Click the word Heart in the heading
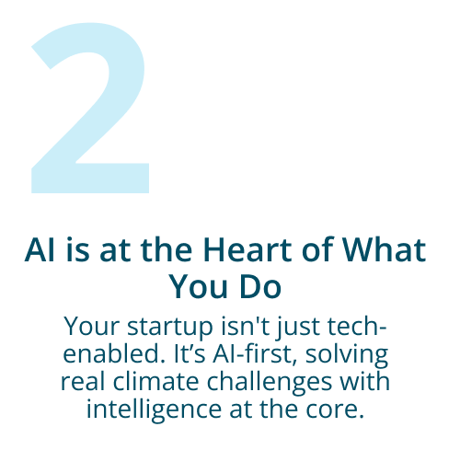247,249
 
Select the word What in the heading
384,249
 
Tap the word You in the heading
199,286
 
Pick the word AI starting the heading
40,249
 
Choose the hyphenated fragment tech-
357,326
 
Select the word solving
347,355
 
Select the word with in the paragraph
364,381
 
